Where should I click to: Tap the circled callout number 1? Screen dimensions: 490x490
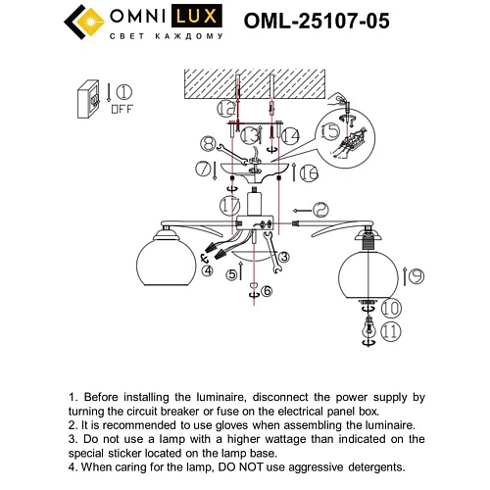123,94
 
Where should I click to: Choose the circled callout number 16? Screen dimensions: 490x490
309,173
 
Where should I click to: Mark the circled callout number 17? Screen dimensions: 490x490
230,206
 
